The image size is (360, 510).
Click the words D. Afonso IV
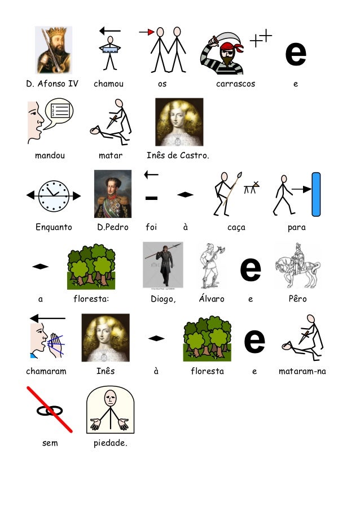coord(52,84)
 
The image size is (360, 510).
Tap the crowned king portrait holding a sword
coord(54,50)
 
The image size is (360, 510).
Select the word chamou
coord(108,84)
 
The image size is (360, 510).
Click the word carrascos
coord(235,84)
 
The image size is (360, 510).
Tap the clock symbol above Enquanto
coord(54,196)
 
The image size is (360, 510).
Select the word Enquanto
coord(54,228)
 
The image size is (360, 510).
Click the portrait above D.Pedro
coord(113,194)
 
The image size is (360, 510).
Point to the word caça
coord(236,228)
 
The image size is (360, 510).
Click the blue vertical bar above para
coord(316,194)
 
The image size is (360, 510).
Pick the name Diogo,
coord(163,299)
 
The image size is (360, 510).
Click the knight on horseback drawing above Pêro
coord(297,265)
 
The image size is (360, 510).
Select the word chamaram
coord(46,371)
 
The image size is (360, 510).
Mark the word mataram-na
coord(302,371)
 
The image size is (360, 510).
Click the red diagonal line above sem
coord(50,408)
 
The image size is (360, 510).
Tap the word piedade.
coord(111,443)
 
